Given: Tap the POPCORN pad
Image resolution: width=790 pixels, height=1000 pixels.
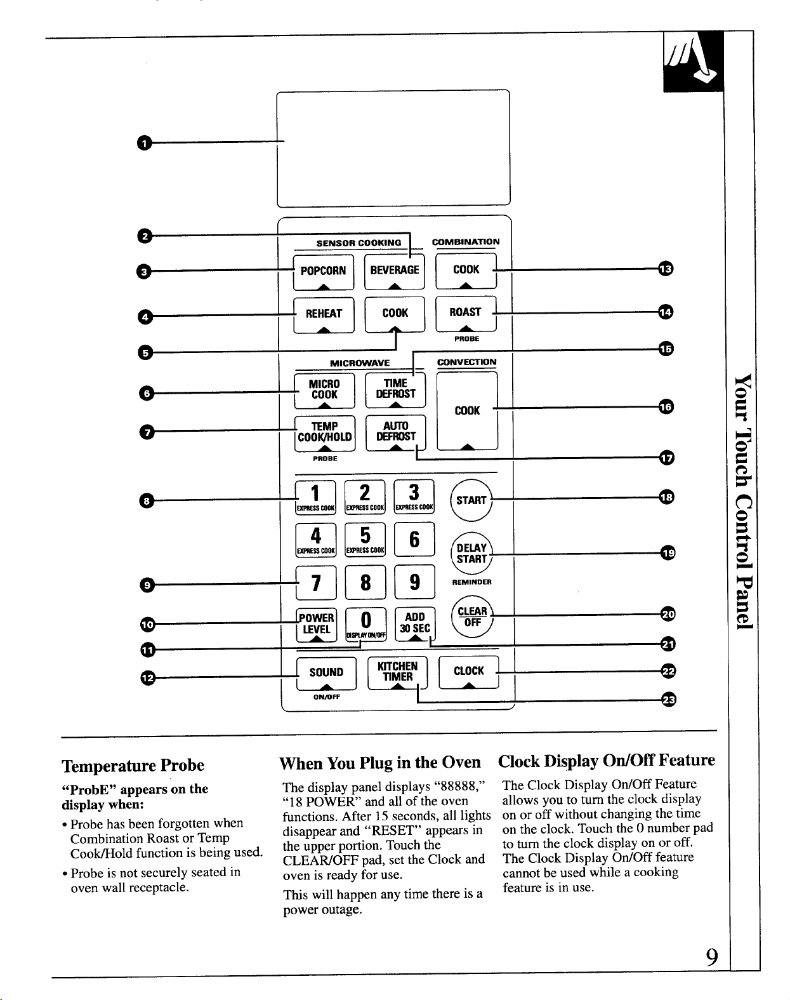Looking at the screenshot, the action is point(323,272).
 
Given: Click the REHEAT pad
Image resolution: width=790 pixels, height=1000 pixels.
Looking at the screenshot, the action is point(324,315).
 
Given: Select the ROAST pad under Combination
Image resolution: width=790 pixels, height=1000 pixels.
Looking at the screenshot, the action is point(466,314).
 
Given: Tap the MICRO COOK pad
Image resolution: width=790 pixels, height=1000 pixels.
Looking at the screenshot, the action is point(324,391).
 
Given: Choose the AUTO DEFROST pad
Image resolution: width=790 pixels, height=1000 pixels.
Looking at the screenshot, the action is point(396,432).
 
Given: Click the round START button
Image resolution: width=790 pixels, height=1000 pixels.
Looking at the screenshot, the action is point(471,500).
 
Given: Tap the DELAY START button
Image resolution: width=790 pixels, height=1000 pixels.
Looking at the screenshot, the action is point(472,553).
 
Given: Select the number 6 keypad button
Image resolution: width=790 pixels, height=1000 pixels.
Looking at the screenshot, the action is point(414,539).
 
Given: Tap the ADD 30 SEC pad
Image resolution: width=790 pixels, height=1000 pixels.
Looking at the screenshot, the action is point(415,624).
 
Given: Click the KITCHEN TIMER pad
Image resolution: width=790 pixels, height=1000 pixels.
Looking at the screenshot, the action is point(398,672).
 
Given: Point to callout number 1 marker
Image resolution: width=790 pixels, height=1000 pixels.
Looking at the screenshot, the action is point(145,143).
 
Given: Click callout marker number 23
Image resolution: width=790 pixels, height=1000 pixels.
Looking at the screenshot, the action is point(669,700).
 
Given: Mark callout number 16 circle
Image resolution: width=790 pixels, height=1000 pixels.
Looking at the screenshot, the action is point(666,407).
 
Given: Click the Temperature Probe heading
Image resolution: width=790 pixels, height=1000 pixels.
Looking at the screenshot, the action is point(133,765).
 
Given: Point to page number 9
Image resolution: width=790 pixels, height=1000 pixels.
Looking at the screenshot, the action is point(712,957).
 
